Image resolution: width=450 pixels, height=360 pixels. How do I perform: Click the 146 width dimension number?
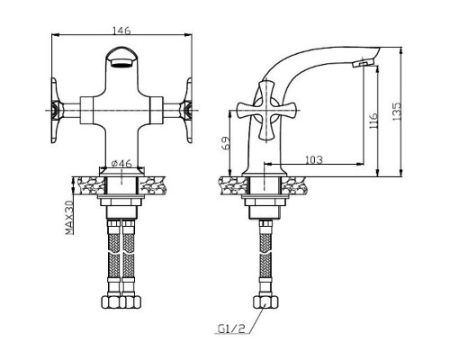(121, 31)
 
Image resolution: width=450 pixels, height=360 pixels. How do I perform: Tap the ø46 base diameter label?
(121, 164)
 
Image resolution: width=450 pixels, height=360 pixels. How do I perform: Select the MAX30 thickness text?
(69, 218)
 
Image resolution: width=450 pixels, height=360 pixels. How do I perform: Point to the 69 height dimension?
(226, 143)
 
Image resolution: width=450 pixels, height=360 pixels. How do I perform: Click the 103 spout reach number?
(314, 159)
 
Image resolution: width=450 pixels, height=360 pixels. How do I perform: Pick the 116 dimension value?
(373, 121)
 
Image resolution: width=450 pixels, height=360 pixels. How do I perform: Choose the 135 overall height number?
(397, 112)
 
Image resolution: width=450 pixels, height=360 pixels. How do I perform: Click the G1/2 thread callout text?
(231, 328)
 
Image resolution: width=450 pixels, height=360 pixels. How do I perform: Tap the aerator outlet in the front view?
(121, 63)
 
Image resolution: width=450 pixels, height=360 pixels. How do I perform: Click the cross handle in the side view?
(266, 110)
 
